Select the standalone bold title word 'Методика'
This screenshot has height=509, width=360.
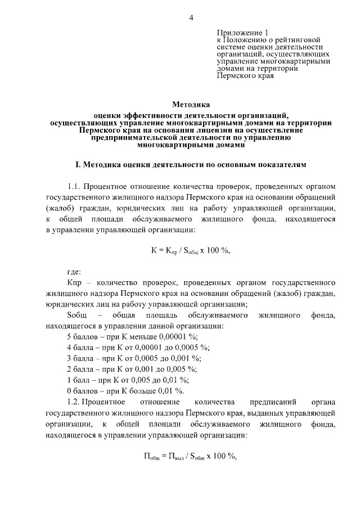[191, 104]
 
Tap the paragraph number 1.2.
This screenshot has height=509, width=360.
[74, 402]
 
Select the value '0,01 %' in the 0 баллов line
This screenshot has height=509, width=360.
[171, 391]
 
